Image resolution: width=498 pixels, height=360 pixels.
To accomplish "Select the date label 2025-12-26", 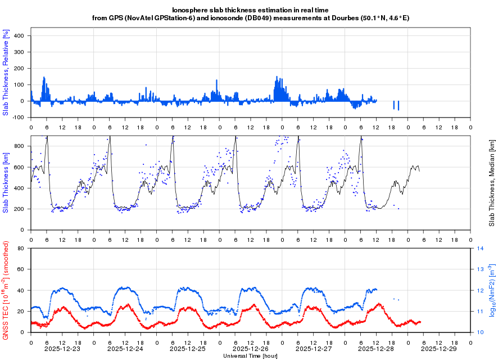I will tap(250, 349).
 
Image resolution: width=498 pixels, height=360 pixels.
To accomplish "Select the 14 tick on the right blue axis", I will tap(481, 248).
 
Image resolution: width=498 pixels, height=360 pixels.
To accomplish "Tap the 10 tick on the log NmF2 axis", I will tap(481, 332).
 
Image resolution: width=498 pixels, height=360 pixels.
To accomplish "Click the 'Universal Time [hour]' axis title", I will tap(250, 356).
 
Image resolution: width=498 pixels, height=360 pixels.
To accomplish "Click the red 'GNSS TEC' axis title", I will tap(6, 290).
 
